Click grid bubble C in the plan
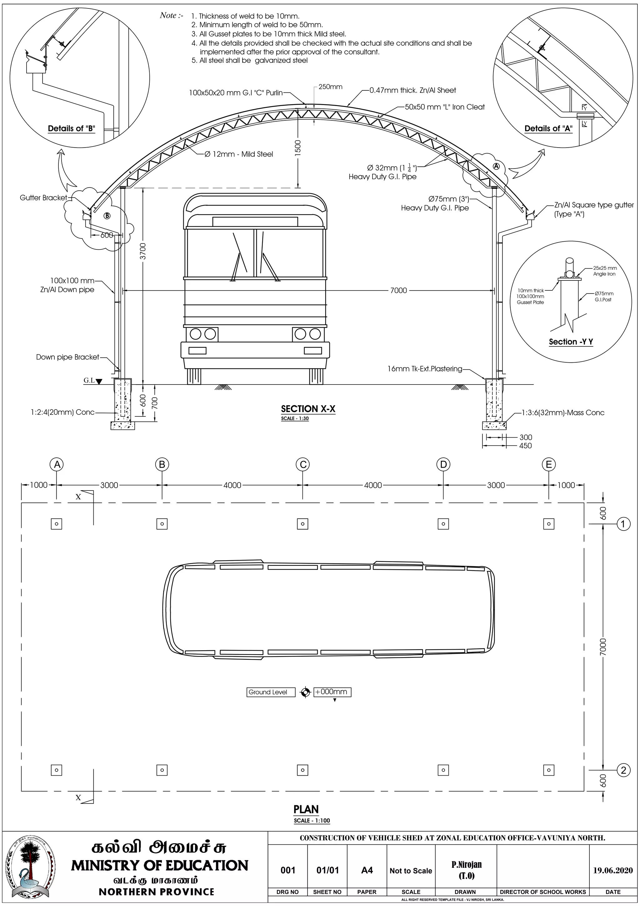pyautogui.click(x=302, y=465)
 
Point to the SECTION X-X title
pyautogui.click(x=308, y=409)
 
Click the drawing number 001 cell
pyautogui.click(x=288, y=870)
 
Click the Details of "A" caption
pyautogui.click(x=548, y=128)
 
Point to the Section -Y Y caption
pyautogui.click(x=571, y=342)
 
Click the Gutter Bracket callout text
pyautogui.click(x=43, y=198)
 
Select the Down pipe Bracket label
pyautogui.click(x=67, y=357)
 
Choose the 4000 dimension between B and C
pyautogui.click(x=232, y=485)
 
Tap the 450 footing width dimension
pyautogui.click(x=525, y=445)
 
